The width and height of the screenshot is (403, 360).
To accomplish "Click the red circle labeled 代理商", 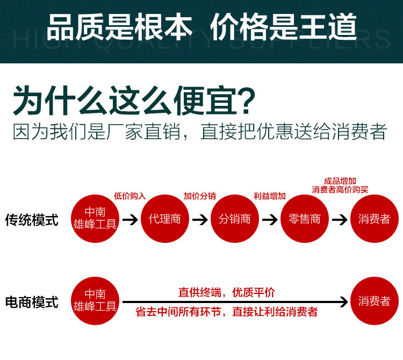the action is pos(165,219).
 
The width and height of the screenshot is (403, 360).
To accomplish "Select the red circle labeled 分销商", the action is pos(235,219).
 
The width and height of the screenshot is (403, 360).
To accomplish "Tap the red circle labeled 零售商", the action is pos(305,219).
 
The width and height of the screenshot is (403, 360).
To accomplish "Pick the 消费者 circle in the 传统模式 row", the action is pos(375,219).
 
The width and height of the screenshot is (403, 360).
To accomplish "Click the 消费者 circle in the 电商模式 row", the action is pos(375,301).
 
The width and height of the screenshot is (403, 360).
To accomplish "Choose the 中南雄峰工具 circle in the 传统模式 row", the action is pos(95,219).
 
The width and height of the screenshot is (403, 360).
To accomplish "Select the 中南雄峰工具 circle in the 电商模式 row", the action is pos(95,301).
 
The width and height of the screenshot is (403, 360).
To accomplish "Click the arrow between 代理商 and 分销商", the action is pos(200,220).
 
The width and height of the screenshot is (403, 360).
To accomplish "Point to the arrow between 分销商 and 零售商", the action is pos(270,220).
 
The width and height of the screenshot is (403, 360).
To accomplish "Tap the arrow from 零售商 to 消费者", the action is pos(340,220).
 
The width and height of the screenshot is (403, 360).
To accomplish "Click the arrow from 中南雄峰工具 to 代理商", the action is pos(130,220).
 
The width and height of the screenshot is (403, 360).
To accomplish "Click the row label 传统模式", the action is pos(32,220).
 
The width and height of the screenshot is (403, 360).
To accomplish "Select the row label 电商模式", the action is pos(32,303).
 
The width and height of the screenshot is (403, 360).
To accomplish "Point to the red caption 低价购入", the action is pos(129,196).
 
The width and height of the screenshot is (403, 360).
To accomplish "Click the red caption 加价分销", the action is pos(199,196).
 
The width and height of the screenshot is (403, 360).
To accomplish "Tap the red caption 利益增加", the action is pos(269,196).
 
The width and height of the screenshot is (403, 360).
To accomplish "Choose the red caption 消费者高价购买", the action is pos(340,190).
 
